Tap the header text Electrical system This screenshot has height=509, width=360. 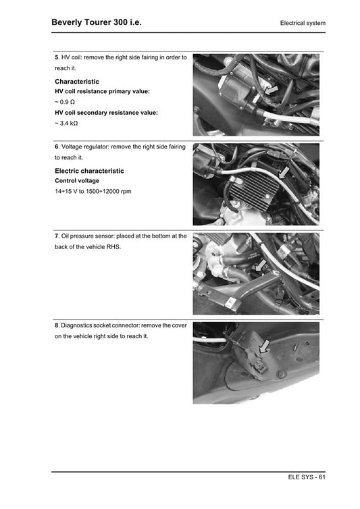(x=303, y=24)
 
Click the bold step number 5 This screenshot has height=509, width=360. (x=57, y=58)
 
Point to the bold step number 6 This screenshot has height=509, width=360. (x=57, y=146)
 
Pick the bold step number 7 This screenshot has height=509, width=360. (x=57, y=236)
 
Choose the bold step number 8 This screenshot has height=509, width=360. (x=57, y=325)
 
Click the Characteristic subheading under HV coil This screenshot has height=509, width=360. (x=77, y=81)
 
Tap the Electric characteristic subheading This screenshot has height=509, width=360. (x=89, y=171)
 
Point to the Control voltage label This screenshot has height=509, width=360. (x=76, y=181)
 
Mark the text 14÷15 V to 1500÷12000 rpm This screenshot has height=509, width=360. (x=93, y=192)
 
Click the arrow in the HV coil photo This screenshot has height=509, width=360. (x=272, y=89)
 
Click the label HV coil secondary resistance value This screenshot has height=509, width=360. (x=106, y=113)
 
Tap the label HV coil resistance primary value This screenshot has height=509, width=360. (x=102, y=91)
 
